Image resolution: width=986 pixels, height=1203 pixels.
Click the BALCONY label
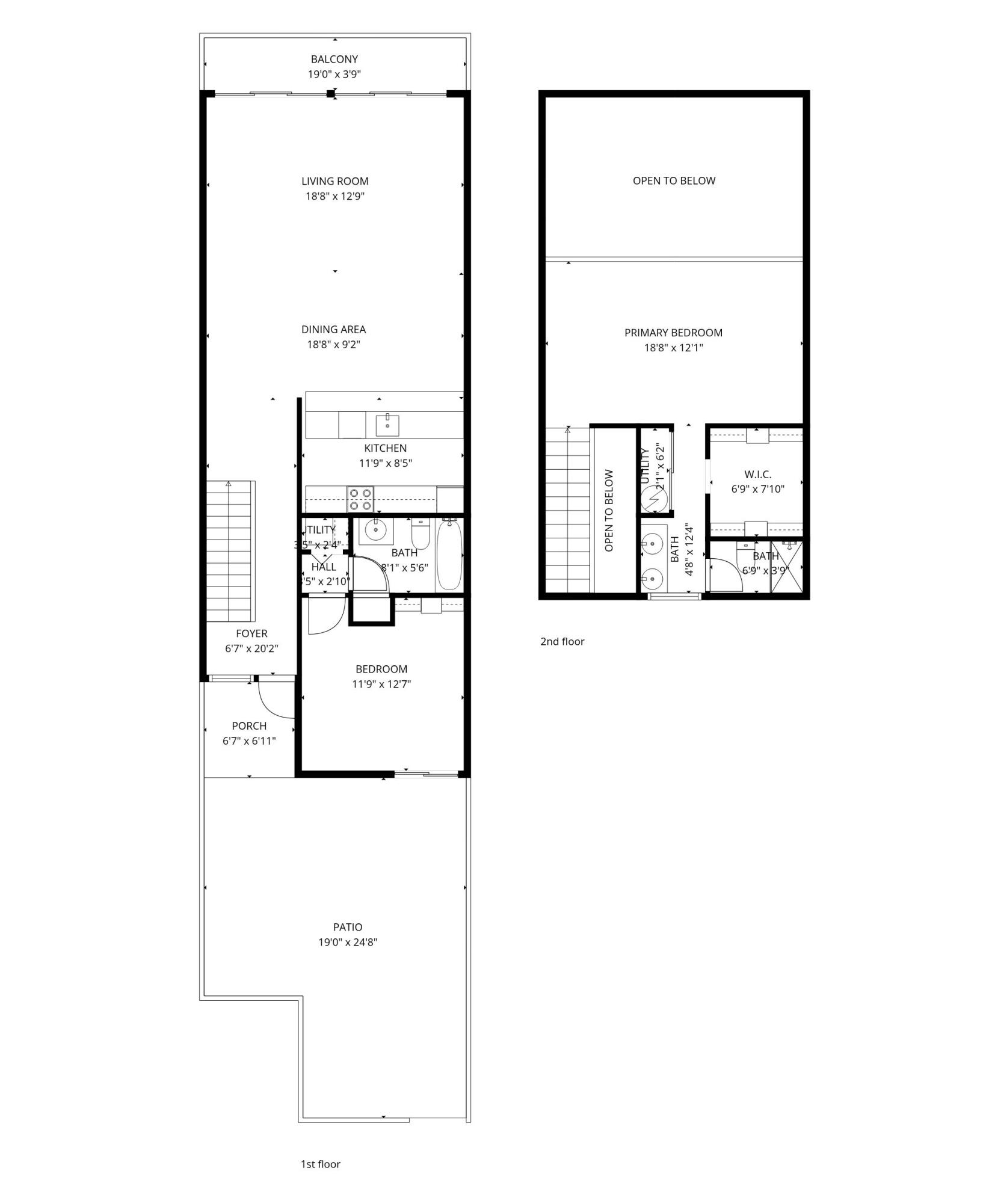coord(334,59)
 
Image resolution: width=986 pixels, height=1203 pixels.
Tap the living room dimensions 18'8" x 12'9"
coord(334,196)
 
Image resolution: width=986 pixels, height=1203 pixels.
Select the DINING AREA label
coord(333,329)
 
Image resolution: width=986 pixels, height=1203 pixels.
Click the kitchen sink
coord(387,425)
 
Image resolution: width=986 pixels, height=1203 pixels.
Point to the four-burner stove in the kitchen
coord(360,499)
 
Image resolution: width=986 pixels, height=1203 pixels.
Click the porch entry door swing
coord(274,700)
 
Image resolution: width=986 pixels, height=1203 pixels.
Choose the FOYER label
coord(251,633)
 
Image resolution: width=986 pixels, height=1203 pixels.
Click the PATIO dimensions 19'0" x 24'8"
coord(348,942)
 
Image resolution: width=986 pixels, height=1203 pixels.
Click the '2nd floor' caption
coord(562,641)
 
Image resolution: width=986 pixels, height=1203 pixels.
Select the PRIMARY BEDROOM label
coord(673,333)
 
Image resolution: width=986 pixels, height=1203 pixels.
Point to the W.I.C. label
coord(757,475)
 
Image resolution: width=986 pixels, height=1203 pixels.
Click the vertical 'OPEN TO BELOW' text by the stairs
coord(609,511)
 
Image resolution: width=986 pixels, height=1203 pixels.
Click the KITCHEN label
coord(385,448)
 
